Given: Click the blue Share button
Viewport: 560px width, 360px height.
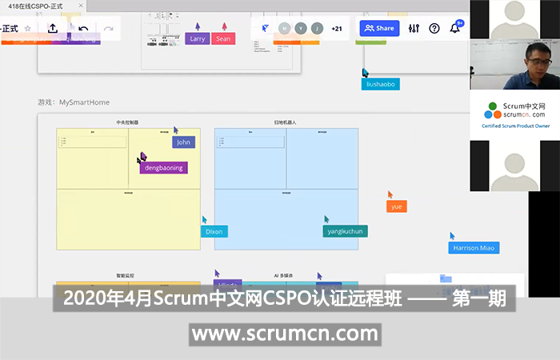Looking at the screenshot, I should (x=379, y=28).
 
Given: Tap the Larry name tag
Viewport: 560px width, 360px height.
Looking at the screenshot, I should (x=197, y=38).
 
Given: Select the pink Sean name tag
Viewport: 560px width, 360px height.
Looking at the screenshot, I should (x=223, y=38).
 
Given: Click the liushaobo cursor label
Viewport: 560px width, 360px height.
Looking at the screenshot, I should (x=381, y=84).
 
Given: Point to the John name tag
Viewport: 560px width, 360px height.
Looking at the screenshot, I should (x=183, y=142).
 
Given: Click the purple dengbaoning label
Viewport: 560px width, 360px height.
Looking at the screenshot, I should (x=163, y=168).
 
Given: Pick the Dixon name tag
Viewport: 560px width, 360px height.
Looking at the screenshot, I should (x=214, y=232).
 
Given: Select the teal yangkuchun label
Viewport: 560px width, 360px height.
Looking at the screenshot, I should (x=346, y=231).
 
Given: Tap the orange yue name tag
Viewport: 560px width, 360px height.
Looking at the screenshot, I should (x=396, y=206).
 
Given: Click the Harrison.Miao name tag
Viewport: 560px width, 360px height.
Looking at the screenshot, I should (x=474, y=248).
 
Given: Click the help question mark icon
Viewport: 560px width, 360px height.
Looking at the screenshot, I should (x=434, y=28).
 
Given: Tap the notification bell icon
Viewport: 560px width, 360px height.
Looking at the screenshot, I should (x=455, y=28).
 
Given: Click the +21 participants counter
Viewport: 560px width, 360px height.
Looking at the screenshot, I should (x=337, y=28).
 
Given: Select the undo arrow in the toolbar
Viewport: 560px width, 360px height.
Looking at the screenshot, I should (x=83, y=29).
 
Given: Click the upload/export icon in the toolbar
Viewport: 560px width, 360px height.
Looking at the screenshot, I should (x=53, y=28).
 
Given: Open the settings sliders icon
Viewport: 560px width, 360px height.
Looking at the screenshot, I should (x=414, y=28).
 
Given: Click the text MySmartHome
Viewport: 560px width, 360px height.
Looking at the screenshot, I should (x=84, y=102).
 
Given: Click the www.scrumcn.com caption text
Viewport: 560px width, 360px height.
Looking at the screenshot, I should (x=285, y=333).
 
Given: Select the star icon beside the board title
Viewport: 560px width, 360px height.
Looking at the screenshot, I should (x=28, y=28).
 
